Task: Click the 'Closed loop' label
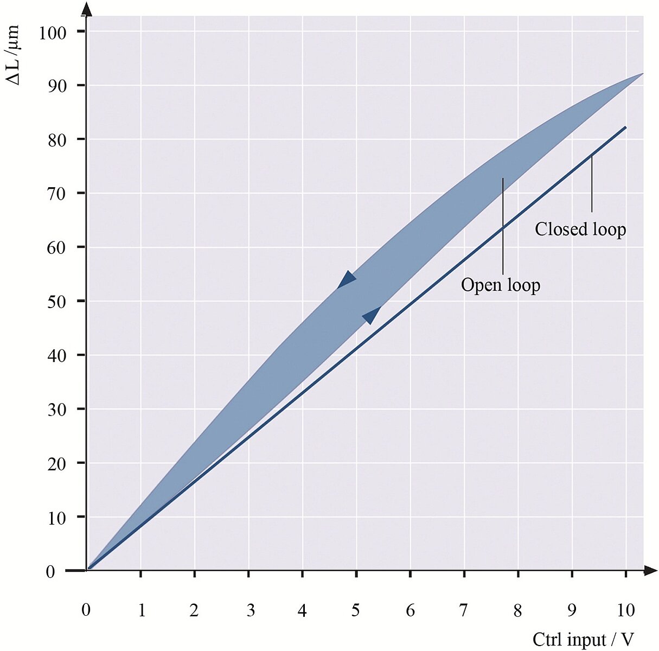(x=580, y=229)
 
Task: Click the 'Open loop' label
(x=500, y=285)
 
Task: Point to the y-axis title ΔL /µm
(x=13, y=55)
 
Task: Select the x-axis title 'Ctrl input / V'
(x=583, y=639)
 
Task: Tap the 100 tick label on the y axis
(x=53, y=33)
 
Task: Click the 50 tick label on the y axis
(x=56, y=302)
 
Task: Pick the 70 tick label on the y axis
(x=56, y=194)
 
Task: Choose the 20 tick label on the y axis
(x=56, y=464)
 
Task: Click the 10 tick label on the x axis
(x=625, y=610)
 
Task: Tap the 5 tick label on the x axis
(x=355, y=610)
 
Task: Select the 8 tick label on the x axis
(x=517, y=610)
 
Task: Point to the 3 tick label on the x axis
(x=250, y=610)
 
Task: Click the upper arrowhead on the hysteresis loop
(x=346, y=279)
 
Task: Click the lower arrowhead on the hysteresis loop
(x=372, y=314)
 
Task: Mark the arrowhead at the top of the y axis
(x=87, y=9)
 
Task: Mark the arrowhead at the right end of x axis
(x=650, y=570)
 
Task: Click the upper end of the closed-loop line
(x=625, y=127)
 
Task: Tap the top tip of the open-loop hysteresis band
(x=642, y=73)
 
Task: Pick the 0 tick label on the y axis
(x=50, y=572)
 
